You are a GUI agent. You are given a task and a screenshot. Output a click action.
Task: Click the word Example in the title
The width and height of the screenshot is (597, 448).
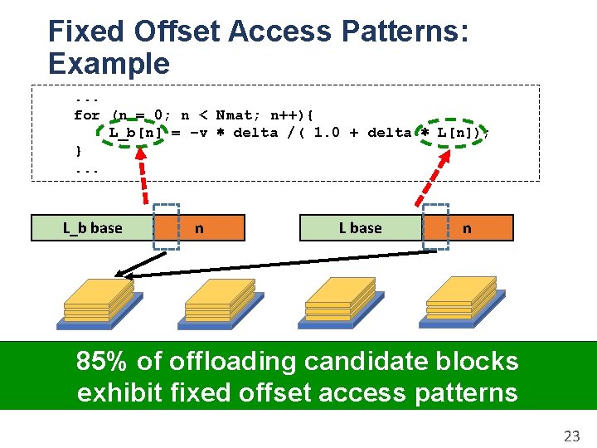click(x=109, y=64)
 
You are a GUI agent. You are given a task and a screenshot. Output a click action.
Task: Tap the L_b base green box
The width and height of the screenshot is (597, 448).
click(x=93, y=228)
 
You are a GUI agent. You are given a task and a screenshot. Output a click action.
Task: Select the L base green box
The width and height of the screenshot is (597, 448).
click(x=361, y=228)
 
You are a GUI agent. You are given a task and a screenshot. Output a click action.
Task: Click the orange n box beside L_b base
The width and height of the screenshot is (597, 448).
click(x=211, y=228)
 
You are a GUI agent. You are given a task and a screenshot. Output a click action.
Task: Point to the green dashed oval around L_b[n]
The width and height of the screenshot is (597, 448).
click(x=135, y=132)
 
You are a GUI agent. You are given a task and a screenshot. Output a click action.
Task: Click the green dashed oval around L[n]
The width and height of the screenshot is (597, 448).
click(x=453, y=132)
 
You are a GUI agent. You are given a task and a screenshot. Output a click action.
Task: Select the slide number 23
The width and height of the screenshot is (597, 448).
click(x=571, y=435)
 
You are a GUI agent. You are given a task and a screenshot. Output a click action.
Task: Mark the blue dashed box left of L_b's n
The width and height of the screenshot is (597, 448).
click(x=167, y=226)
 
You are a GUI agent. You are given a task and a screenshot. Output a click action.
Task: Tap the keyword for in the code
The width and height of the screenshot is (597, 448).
click(x=86, y=115)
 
